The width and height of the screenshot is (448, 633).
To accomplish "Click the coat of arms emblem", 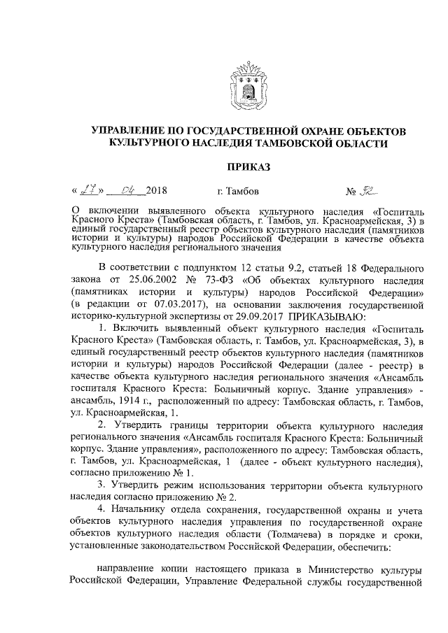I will pos(246,87).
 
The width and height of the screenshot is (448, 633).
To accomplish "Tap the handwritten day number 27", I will pos(88,190).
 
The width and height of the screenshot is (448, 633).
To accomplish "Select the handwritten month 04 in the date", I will pos(129,190).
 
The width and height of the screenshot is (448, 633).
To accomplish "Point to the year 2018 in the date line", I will pos(156,190).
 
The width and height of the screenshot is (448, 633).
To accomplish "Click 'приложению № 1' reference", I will pos(144,473).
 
